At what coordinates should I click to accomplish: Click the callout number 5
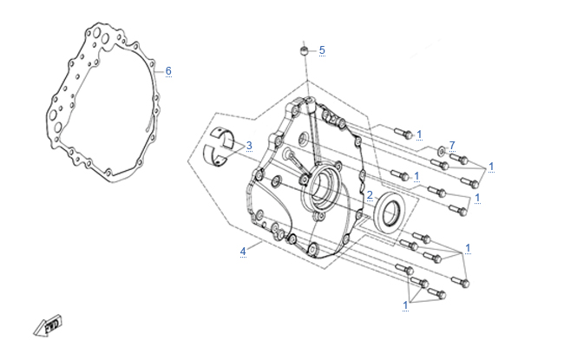click(x=322, y=50)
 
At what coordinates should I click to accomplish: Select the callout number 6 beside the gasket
click(x=168, y=70)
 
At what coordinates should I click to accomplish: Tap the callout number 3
click(x=249, y=146)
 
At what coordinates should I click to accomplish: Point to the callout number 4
click(x=243, y=252)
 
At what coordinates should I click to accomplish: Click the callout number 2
click(x=369, y=195)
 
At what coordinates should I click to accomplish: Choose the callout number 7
click(x=452, y=145)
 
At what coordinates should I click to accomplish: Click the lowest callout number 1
click(x=405, y=305)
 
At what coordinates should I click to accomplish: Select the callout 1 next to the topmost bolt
click(x=419, y=134)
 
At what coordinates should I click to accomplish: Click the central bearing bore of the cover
click(x=322, y=187)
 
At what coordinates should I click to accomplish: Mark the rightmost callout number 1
click(x=491, y=166)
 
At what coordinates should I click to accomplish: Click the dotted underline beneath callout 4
click(x=243, y=259)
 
